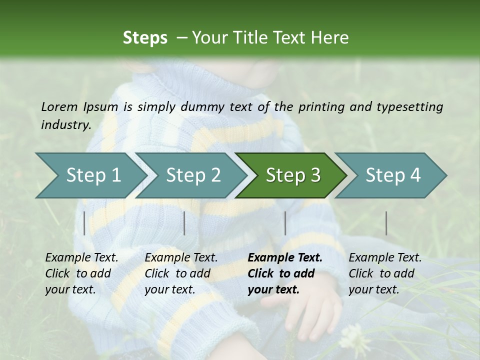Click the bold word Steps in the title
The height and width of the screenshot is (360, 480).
coord(145,38)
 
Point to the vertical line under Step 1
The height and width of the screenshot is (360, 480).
coord(84,223)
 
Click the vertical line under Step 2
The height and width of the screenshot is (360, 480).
coord(184,223)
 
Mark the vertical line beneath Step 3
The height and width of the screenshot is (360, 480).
coord(285,223)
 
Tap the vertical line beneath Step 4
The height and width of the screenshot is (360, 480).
coord(386,223)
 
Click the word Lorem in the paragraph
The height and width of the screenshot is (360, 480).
coord(59,106)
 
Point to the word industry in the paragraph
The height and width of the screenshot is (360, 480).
coord(65,125)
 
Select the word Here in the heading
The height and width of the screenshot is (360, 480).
coord(330,38)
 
